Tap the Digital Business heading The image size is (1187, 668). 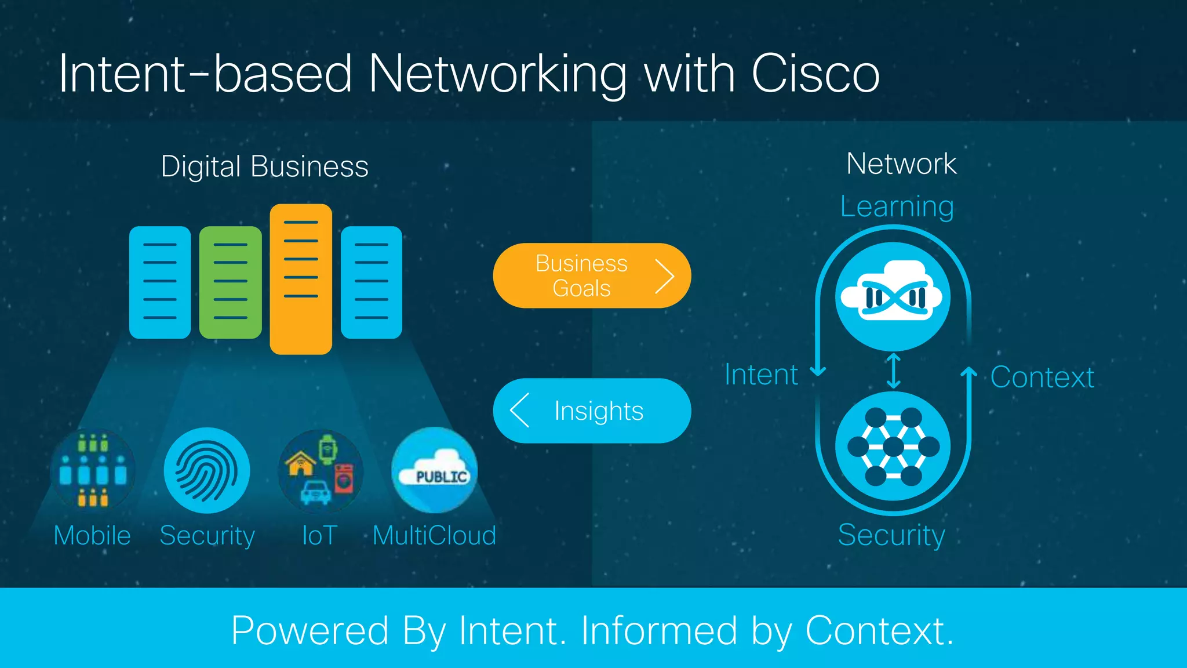(x=264, y=167)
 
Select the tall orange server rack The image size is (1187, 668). (x=301, y=279)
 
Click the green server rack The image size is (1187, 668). (x=230, y=282)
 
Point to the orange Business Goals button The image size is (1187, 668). (x=581, y=275)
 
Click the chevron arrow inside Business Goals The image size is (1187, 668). (x=665, y=276)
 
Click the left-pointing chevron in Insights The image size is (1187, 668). (x=519, y=411)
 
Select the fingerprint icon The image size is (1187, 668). (x=207, y=470)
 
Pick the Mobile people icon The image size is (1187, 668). (x=93, y=470)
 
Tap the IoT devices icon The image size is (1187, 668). (x=321, y=470)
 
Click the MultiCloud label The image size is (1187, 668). (x=434, y=535)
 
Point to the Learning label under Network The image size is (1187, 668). (x=897, y=206)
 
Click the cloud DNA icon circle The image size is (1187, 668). (x=893, y=296)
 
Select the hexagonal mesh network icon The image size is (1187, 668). (x=893, y=446)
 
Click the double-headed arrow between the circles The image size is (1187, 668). (x=894, y=371)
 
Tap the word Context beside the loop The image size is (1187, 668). (x=1042, y=377)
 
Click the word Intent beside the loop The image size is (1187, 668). (x=761, y=375)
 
